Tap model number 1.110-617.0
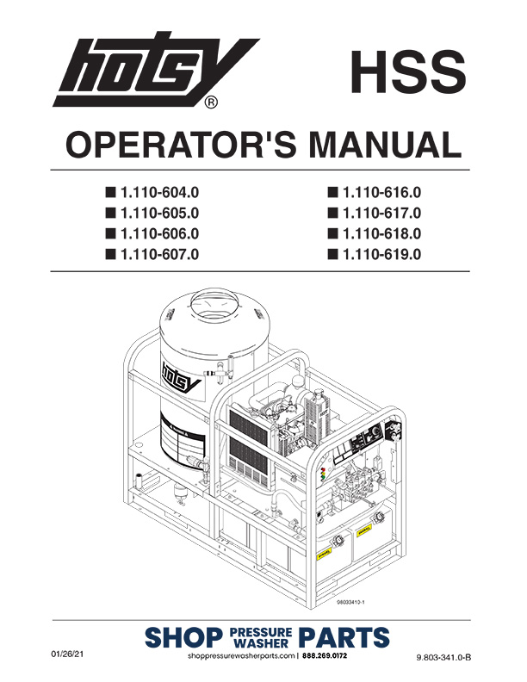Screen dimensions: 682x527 click(x=381, y=212)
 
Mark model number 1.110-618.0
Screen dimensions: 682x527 click(x=381, y=232)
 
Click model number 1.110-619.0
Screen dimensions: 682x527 click(x=381, y=253)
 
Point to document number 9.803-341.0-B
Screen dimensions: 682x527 click(x=444, y=658)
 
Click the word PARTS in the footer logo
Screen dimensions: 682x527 click(x=344, y=638)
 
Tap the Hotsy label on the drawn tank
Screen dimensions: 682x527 click(x=176, y=376)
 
